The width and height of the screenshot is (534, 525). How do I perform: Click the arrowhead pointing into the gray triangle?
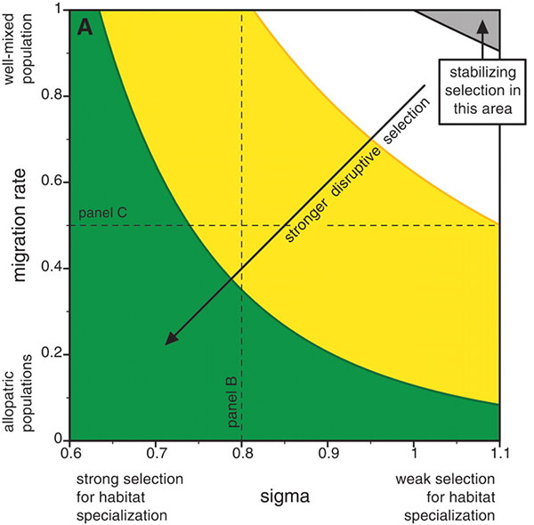[x=482, y=26]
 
